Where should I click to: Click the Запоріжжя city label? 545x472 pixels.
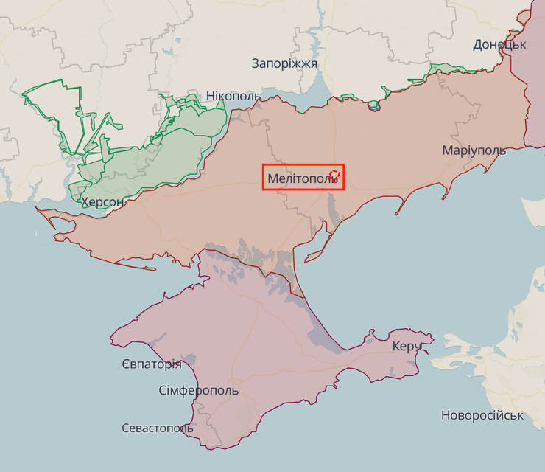[284, 63]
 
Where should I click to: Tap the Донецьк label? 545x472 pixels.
[499, 44]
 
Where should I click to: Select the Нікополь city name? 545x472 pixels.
[233, 97]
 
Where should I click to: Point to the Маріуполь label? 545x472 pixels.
[474, 150]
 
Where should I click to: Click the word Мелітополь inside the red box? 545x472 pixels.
[298, 178]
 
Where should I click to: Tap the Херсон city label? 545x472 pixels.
[102, 202]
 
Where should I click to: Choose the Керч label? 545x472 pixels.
[407, 346]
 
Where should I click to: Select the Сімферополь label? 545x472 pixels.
[198, 390]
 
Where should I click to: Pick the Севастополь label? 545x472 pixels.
[158, 428]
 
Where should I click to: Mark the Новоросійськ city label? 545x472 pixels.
[482, 415]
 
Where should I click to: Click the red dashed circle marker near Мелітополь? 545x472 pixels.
[334, 175]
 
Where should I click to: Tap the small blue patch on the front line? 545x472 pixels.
[374, 105]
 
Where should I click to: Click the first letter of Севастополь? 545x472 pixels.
[126, 428]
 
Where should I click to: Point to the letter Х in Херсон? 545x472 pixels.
[85, 202]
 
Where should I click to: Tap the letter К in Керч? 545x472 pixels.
[396, 346]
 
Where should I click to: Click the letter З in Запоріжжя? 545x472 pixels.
[256, 63]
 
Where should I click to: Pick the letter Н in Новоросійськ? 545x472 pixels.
[446, 415]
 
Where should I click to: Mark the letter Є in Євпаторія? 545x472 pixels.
[124, 364]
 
